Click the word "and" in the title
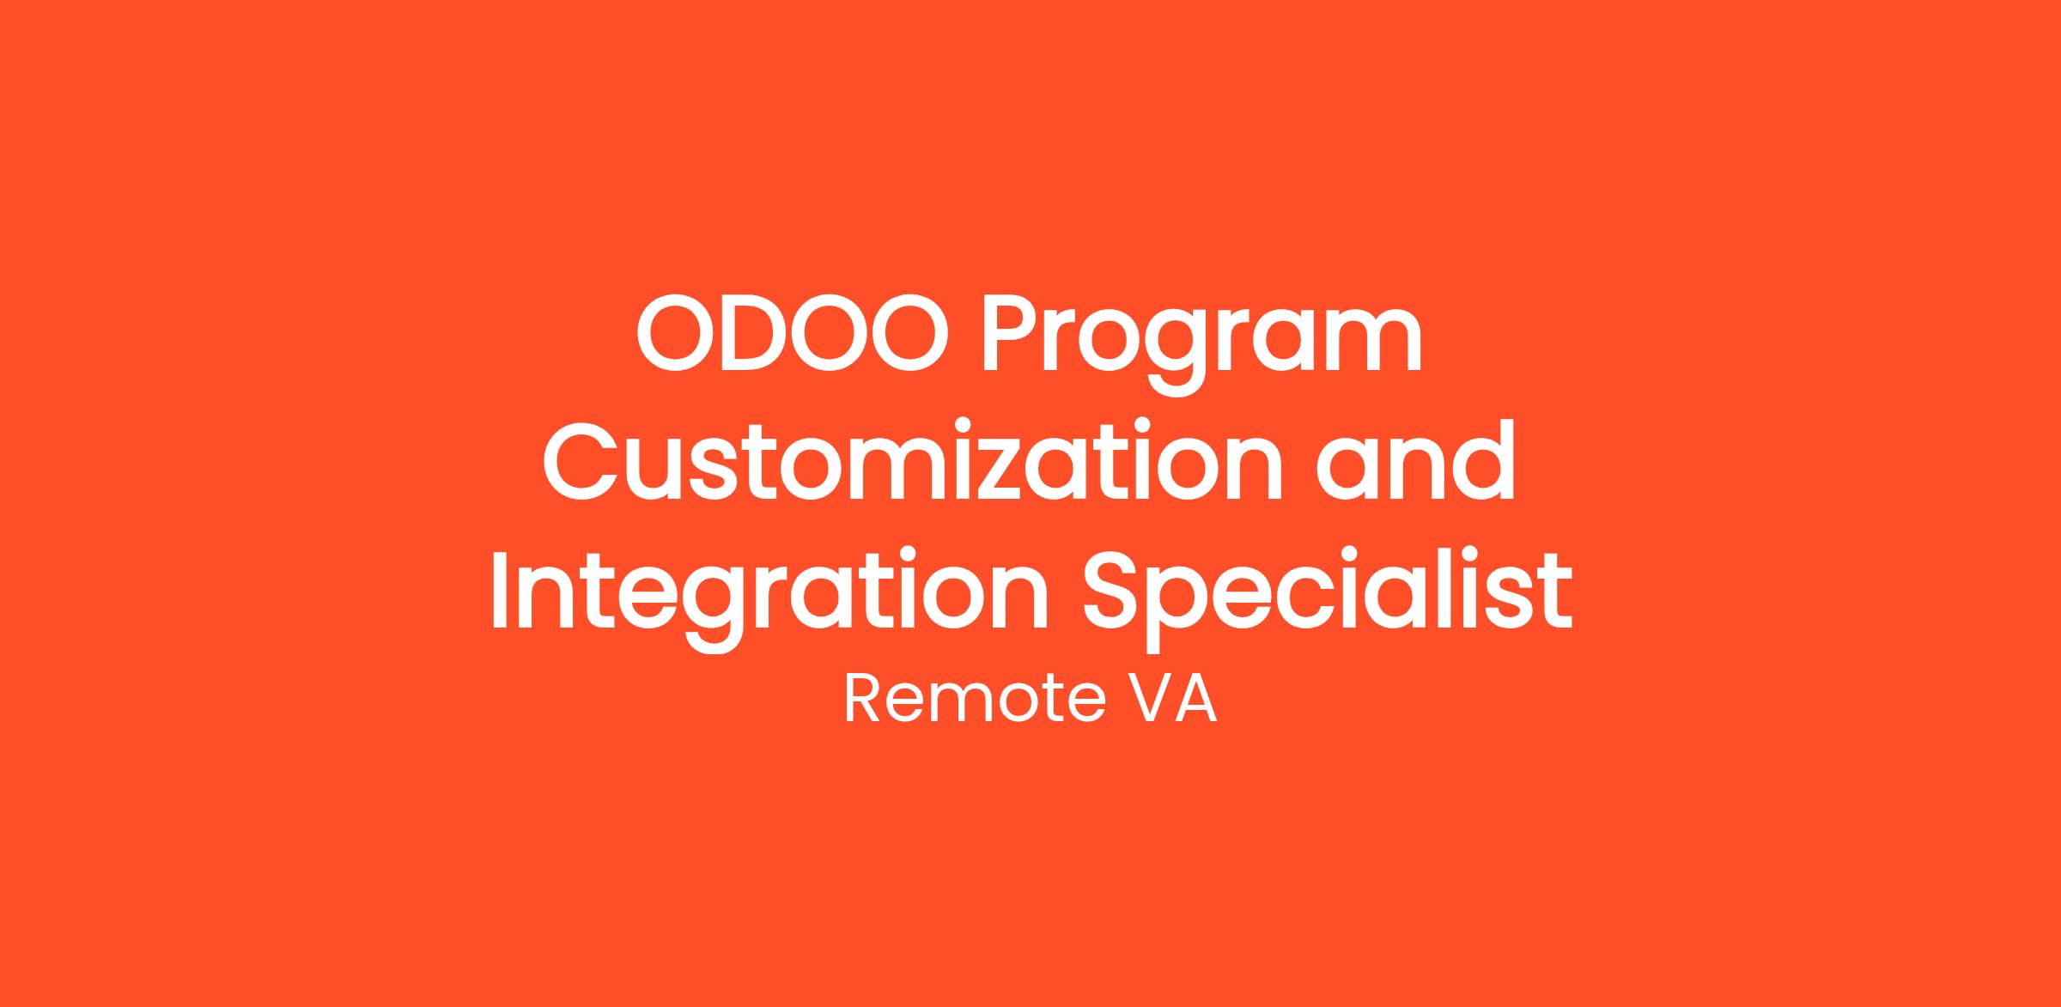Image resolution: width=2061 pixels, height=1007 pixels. (1416, 460)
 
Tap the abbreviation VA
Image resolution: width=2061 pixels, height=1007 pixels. (1171, 699)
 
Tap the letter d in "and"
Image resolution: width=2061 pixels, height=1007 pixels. (1485, 460)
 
